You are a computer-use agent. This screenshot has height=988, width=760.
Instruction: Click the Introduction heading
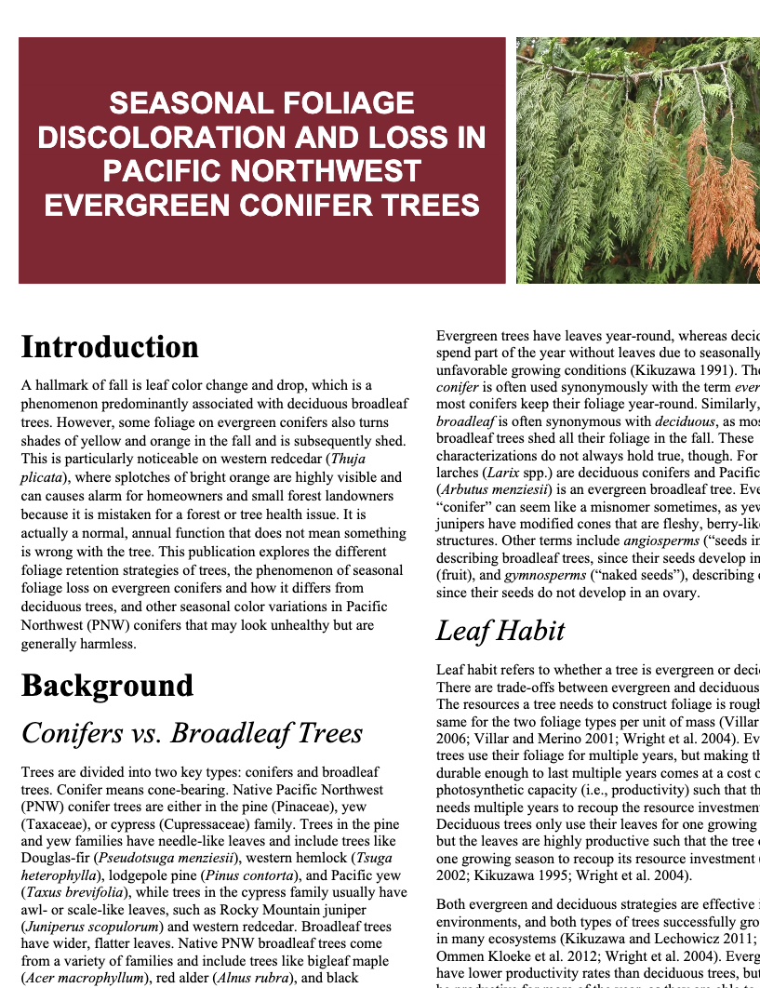point(110,347)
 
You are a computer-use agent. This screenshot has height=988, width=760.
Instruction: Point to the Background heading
point(107,686)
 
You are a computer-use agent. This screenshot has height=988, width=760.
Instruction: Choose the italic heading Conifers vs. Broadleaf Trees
point(192,733)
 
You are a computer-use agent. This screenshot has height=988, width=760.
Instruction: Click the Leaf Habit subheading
point(500,631)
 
